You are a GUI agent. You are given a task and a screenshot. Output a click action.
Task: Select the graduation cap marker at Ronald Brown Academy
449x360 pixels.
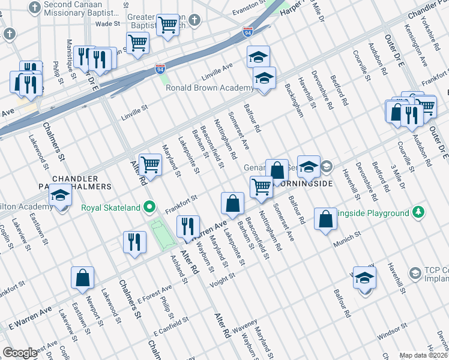click(264, 79)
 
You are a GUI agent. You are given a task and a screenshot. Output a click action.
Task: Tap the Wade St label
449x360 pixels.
click(108, 24)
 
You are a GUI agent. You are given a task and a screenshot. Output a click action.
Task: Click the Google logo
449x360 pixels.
click(20, 353)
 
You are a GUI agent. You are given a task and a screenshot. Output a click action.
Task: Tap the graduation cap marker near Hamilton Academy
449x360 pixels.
click(60, 196)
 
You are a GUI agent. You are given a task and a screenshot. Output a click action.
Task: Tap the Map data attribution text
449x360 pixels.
click(424, 355)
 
